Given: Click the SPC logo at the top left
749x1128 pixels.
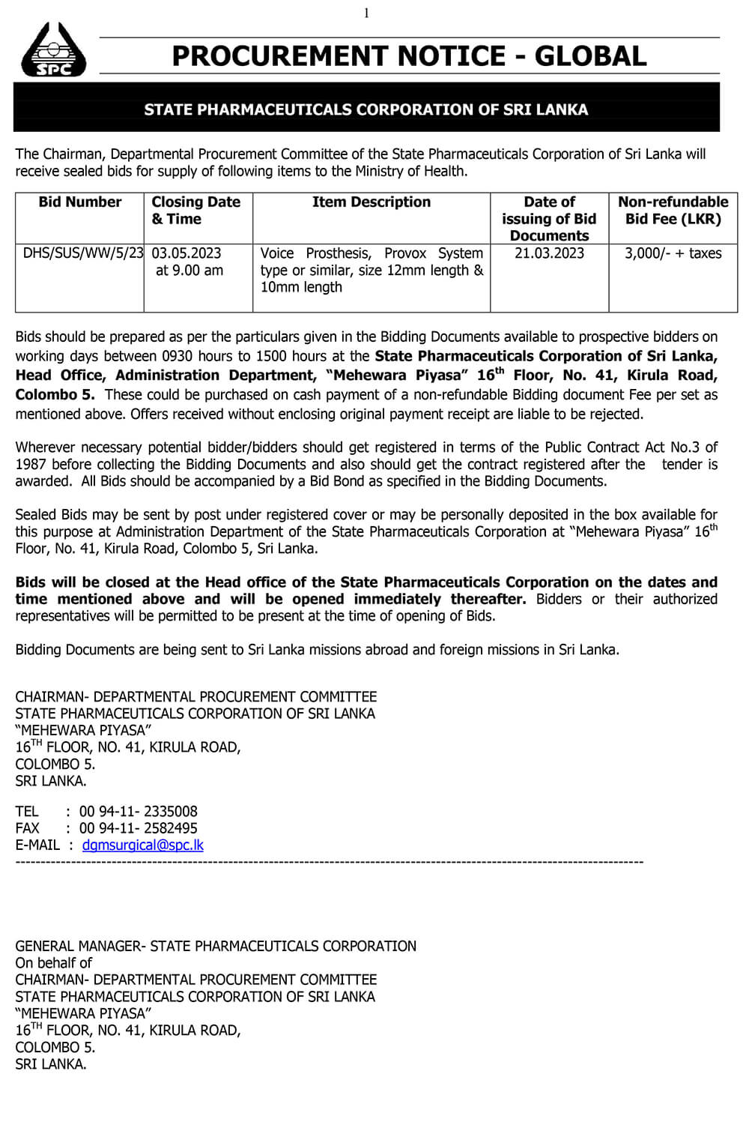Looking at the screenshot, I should (53, 49).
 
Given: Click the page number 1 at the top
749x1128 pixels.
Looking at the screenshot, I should (367, 13).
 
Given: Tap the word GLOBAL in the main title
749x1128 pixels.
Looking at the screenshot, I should (590, 56).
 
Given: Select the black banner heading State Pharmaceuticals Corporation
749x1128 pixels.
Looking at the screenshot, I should (366, 109).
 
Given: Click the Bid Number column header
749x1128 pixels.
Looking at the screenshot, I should (79, 202).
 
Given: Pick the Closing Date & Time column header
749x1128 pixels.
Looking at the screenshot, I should (196, 211).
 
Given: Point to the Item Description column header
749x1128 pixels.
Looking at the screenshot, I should (372, 202).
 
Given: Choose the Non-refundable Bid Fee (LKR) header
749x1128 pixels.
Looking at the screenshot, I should (673, 211).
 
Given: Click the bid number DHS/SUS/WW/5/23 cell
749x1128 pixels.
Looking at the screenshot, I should (82, 253).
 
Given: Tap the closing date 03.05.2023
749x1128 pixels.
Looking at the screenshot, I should (187, 253).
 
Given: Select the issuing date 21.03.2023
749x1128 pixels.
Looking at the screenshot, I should (549, 253).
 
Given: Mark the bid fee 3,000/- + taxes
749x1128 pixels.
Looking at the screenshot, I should (673, 253).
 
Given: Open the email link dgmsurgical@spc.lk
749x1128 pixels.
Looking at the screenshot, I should (143, 845).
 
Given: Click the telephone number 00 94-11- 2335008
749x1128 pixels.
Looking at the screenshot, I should (139, 811).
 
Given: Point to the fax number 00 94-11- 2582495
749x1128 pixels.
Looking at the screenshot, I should (139, 828).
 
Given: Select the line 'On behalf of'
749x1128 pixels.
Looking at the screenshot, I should (54, 962).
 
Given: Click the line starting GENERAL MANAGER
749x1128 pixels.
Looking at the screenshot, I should (216, 946).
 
